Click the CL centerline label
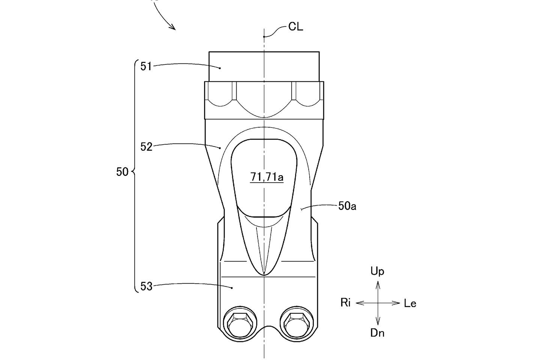tap(295, 27)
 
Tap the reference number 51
tap(146, 66)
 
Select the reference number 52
tap(146, 147)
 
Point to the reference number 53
tap(146, 287)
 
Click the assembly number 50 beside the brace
tap(122, 172)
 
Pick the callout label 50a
tap(347, 206)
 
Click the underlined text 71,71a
tap(267, 177)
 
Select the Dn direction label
tap(377, 333)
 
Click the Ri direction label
tap(345, 303)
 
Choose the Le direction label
tap(410, 304)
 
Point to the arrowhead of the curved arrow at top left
tap(174, 28)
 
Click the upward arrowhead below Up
tap(378, 286)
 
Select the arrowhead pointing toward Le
tap(397, 303)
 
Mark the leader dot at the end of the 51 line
tap(220, 68)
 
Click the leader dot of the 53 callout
tap(232, 288)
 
